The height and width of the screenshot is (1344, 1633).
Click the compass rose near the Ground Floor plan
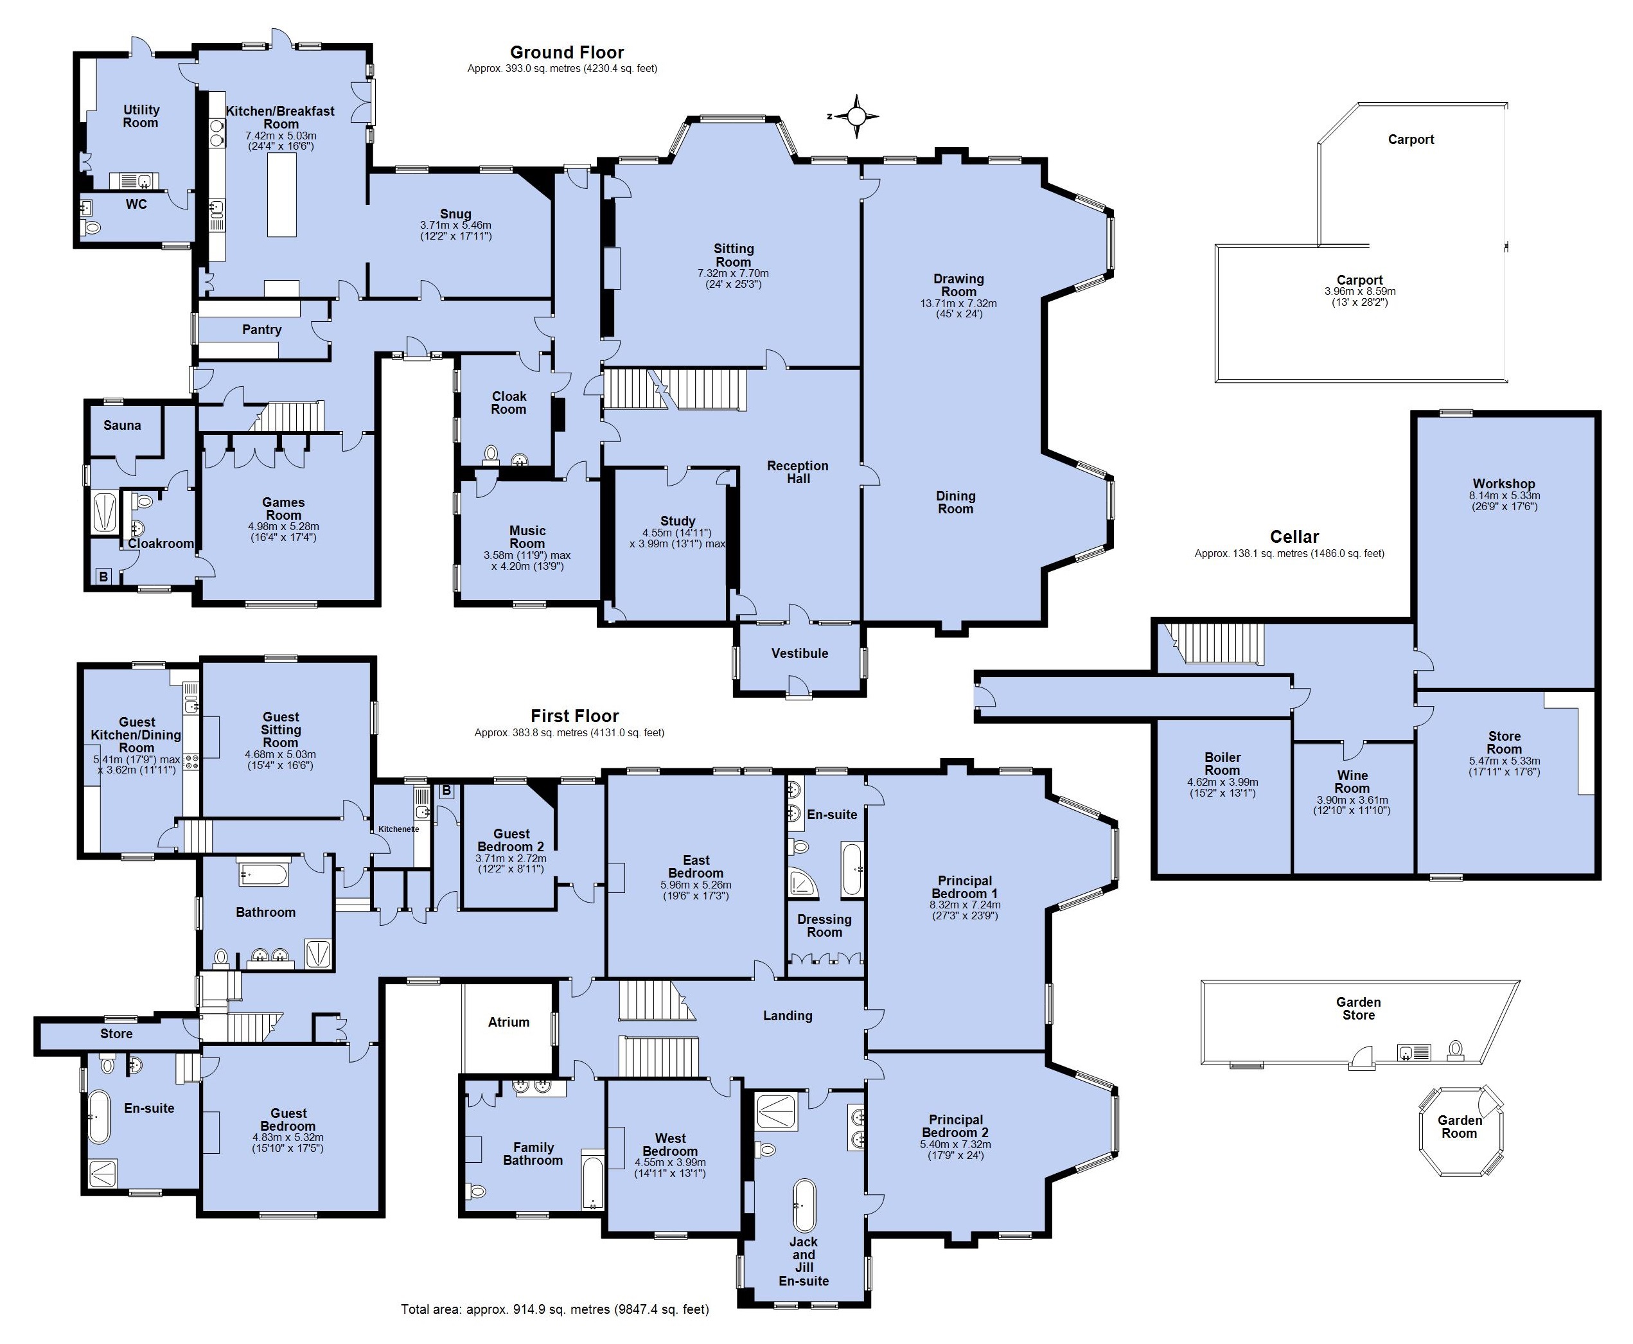click(x=855, y=117)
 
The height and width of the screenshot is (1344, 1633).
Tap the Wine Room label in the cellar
click(x=1352, y=781)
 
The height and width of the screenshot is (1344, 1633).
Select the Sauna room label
click(x=122, y=425)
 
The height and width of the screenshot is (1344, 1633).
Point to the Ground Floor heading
click(x=567, y=53)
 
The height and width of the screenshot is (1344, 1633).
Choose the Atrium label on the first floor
click(x=509, y=1022)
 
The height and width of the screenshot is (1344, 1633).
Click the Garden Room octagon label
click(x=1460, y=1126)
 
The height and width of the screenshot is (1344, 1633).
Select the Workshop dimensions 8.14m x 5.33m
click(x=1505, y=501)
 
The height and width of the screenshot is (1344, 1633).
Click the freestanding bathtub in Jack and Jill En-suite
click(x=804, y=1205)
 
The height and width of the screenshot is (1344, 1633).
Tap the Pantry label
click(x=261, y=330)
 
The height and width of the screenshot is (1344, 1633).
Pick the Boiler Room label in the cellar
click(x=1222, y=763)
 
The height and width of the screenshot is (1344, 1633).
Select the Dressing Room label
click(x=824, y=925)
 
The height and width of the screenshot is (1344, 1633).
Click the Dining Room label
click(x=955, y=502)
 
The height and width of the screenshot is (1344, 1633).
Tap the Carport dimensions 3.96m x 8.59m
click(x=1360, y=297)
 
